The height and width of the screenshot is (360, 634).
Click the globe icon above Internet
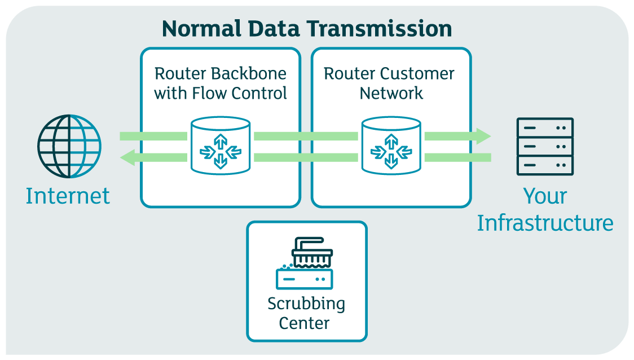(69, 146)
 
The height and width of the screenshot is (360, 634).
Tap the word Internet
(68, 196)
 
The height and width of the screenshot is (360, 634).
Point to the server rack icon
(545, 147)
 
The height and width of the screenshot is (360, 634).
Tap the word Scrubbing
(306, 304)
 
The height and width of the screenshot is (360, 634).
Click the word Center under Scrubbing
(305, 323)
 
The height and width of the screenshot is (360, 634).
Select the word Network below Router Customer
(391, 93)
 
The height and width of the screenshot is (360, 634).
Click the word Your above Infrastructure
(545, 196)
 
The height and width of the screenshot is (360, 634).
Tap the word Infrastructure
(545, 223)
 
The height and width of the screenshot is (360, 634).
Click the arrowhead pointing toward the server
(483, 136)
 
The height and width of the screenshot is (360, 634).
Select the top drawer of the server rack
(545, 128)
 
